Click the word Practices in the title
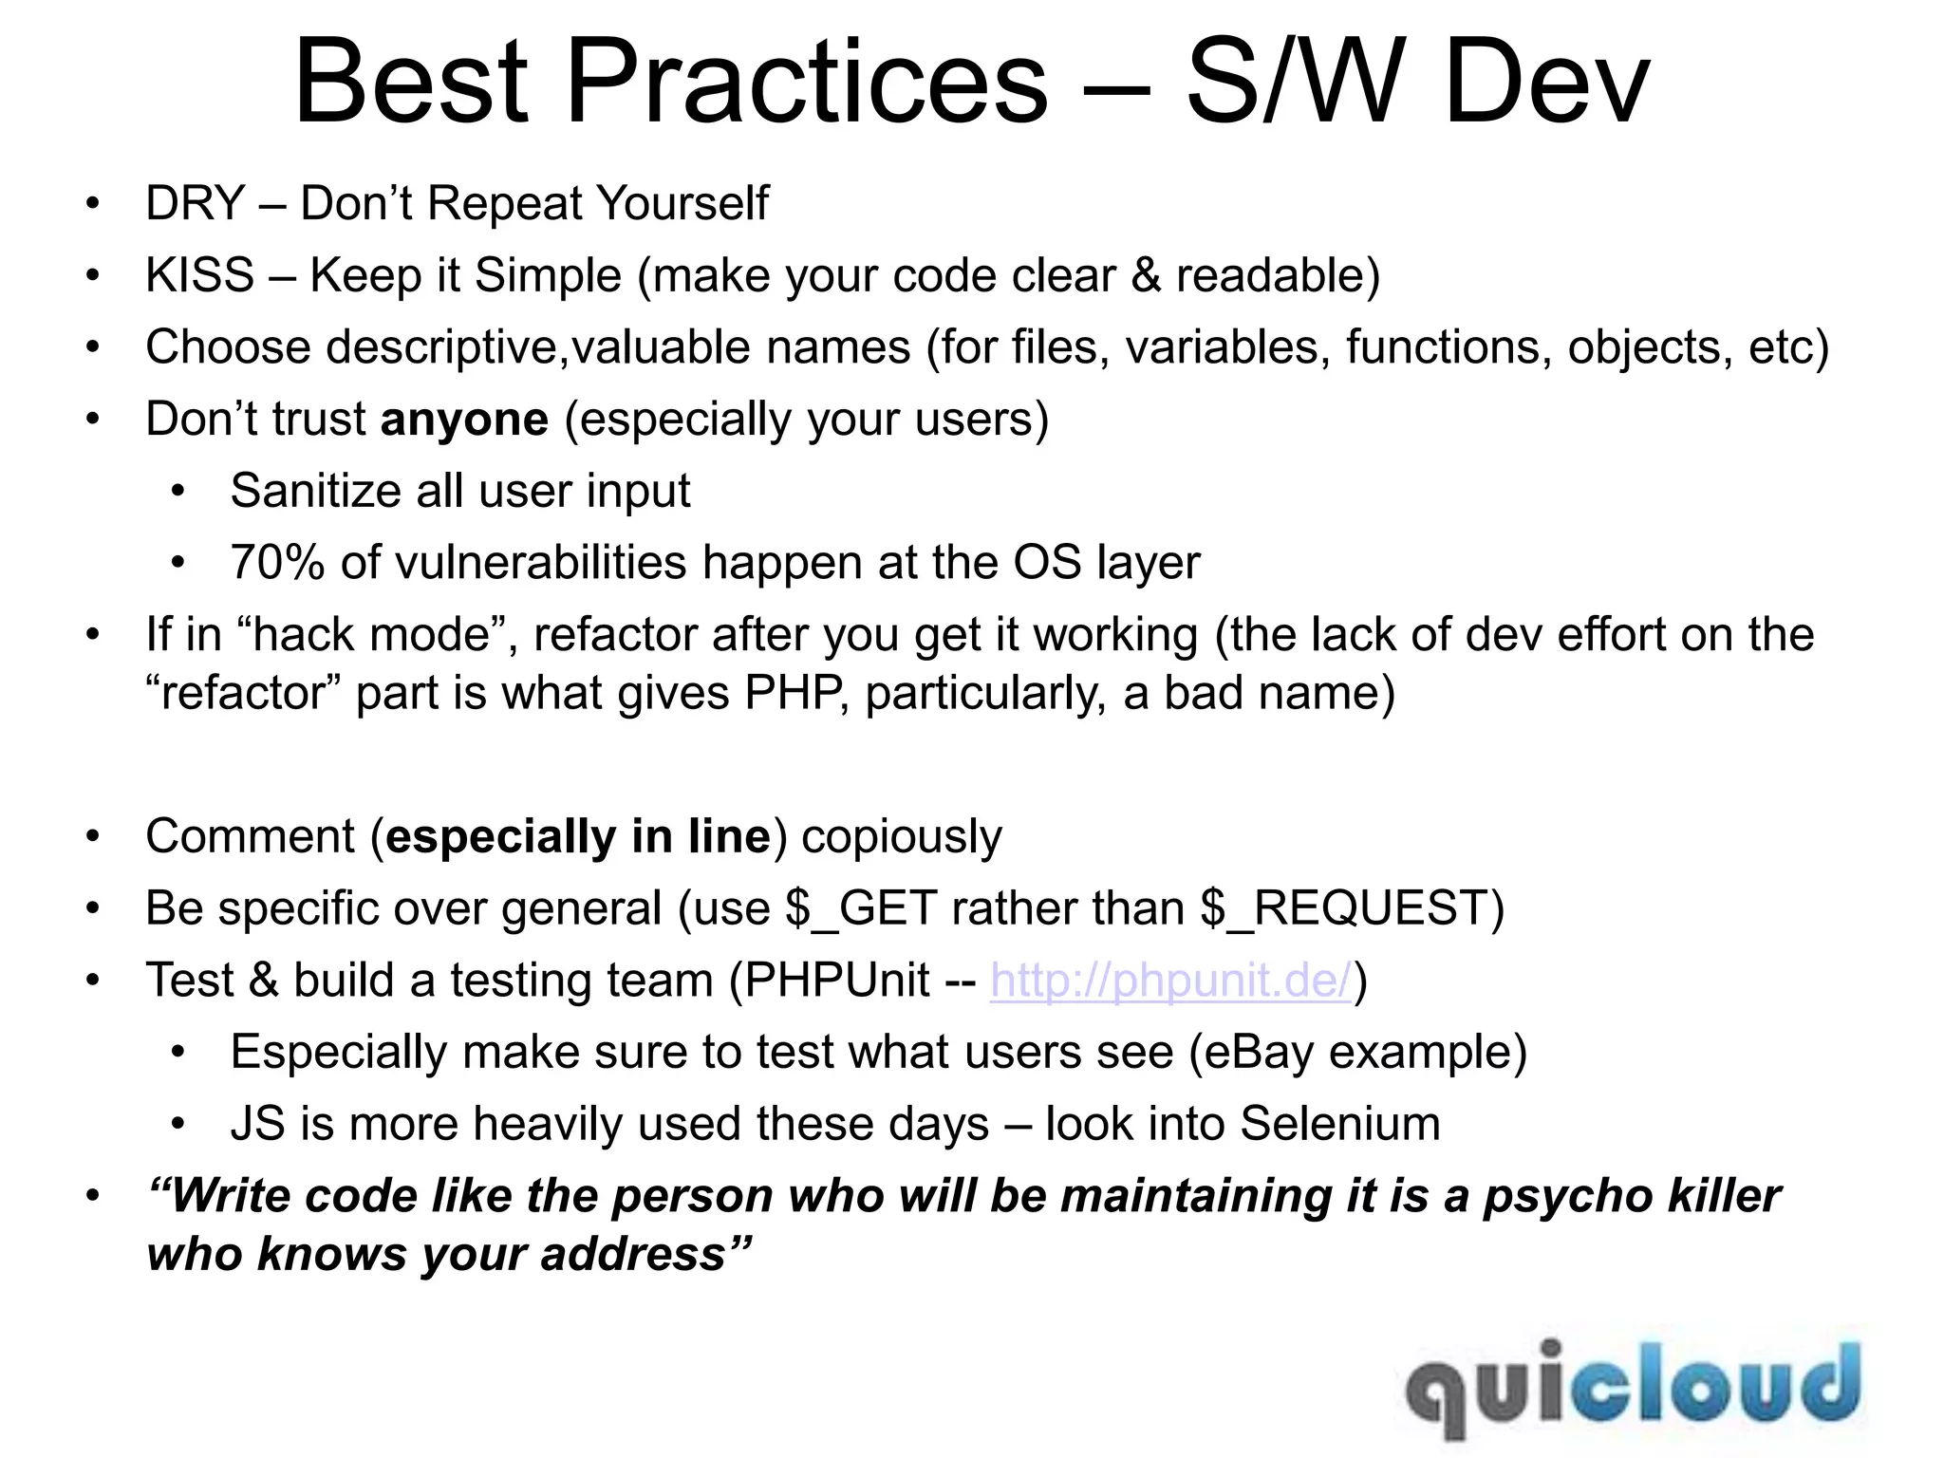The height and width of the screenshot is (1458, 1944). [807, 84]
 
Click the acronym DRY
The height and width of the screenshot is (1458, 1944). [196, 204]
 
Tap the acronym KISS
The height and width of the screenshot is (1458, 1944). [199, 276]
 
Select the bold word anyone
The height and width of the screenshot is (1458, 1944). [464, 420]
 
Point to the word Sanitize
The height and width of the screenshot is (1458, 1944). [308, 492]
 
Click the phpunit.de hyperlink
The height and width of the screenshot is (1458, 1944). [1170, 981]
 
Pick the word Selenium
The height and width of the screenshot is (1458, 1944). [1339, 1124]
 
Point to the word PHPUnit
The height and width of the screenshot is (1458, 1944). [837, 981]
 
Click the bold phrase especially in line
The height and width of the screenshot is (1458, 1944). [578, 837]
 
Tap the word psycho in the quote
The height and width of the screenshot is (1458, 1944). [1568, 1196]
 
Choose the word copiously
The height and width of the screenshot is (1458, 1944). [901, 837]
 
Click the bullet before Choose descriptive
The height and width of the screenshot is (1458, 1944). [92, 348]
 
